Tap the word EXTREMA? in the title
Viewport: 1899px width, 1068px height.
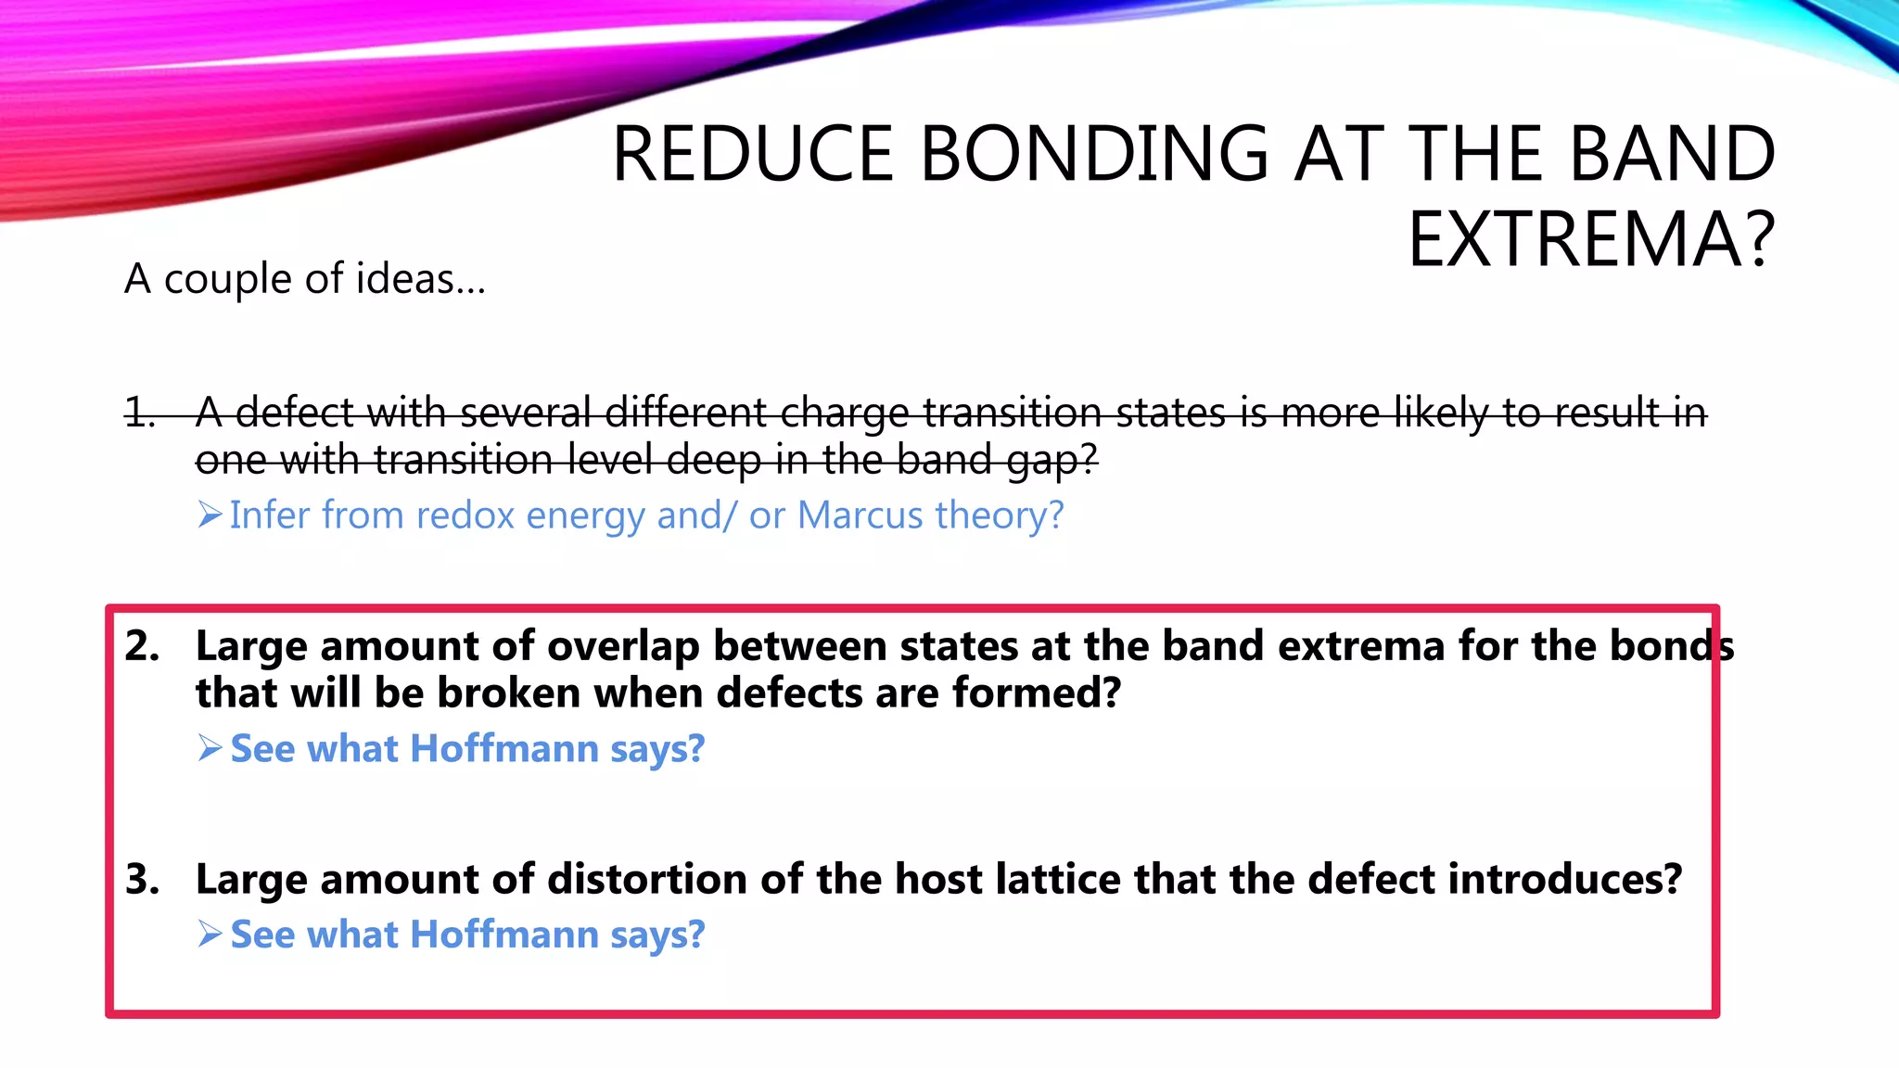(x=1591, y=240)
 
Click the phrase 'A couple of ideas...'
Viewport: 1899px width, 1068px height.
(x=305, y=279)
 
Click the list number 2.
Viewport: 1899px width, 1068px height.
(x=142, y=646)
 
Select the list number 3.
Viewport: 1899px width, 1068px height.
(x=142, y=879)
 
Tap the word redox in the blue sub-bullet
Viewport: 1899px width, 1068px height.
(x=465, y=515)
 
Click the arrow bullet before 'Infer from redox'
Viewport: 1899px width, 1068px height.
(x=210, y=515)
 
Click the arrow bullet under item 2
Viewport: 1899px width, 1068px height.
(x=210, y=748)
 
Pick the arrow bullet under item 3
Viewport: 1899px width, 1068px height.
(x=210, y=934)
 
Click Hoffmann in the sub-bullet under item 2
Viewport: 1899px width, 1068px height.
(x=504, y=749)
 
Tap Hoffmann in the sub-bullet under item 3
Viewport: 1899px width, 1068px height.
(x=504, y=935)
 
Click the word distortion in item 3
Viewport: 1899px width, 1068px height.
(x=647, y=879)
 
